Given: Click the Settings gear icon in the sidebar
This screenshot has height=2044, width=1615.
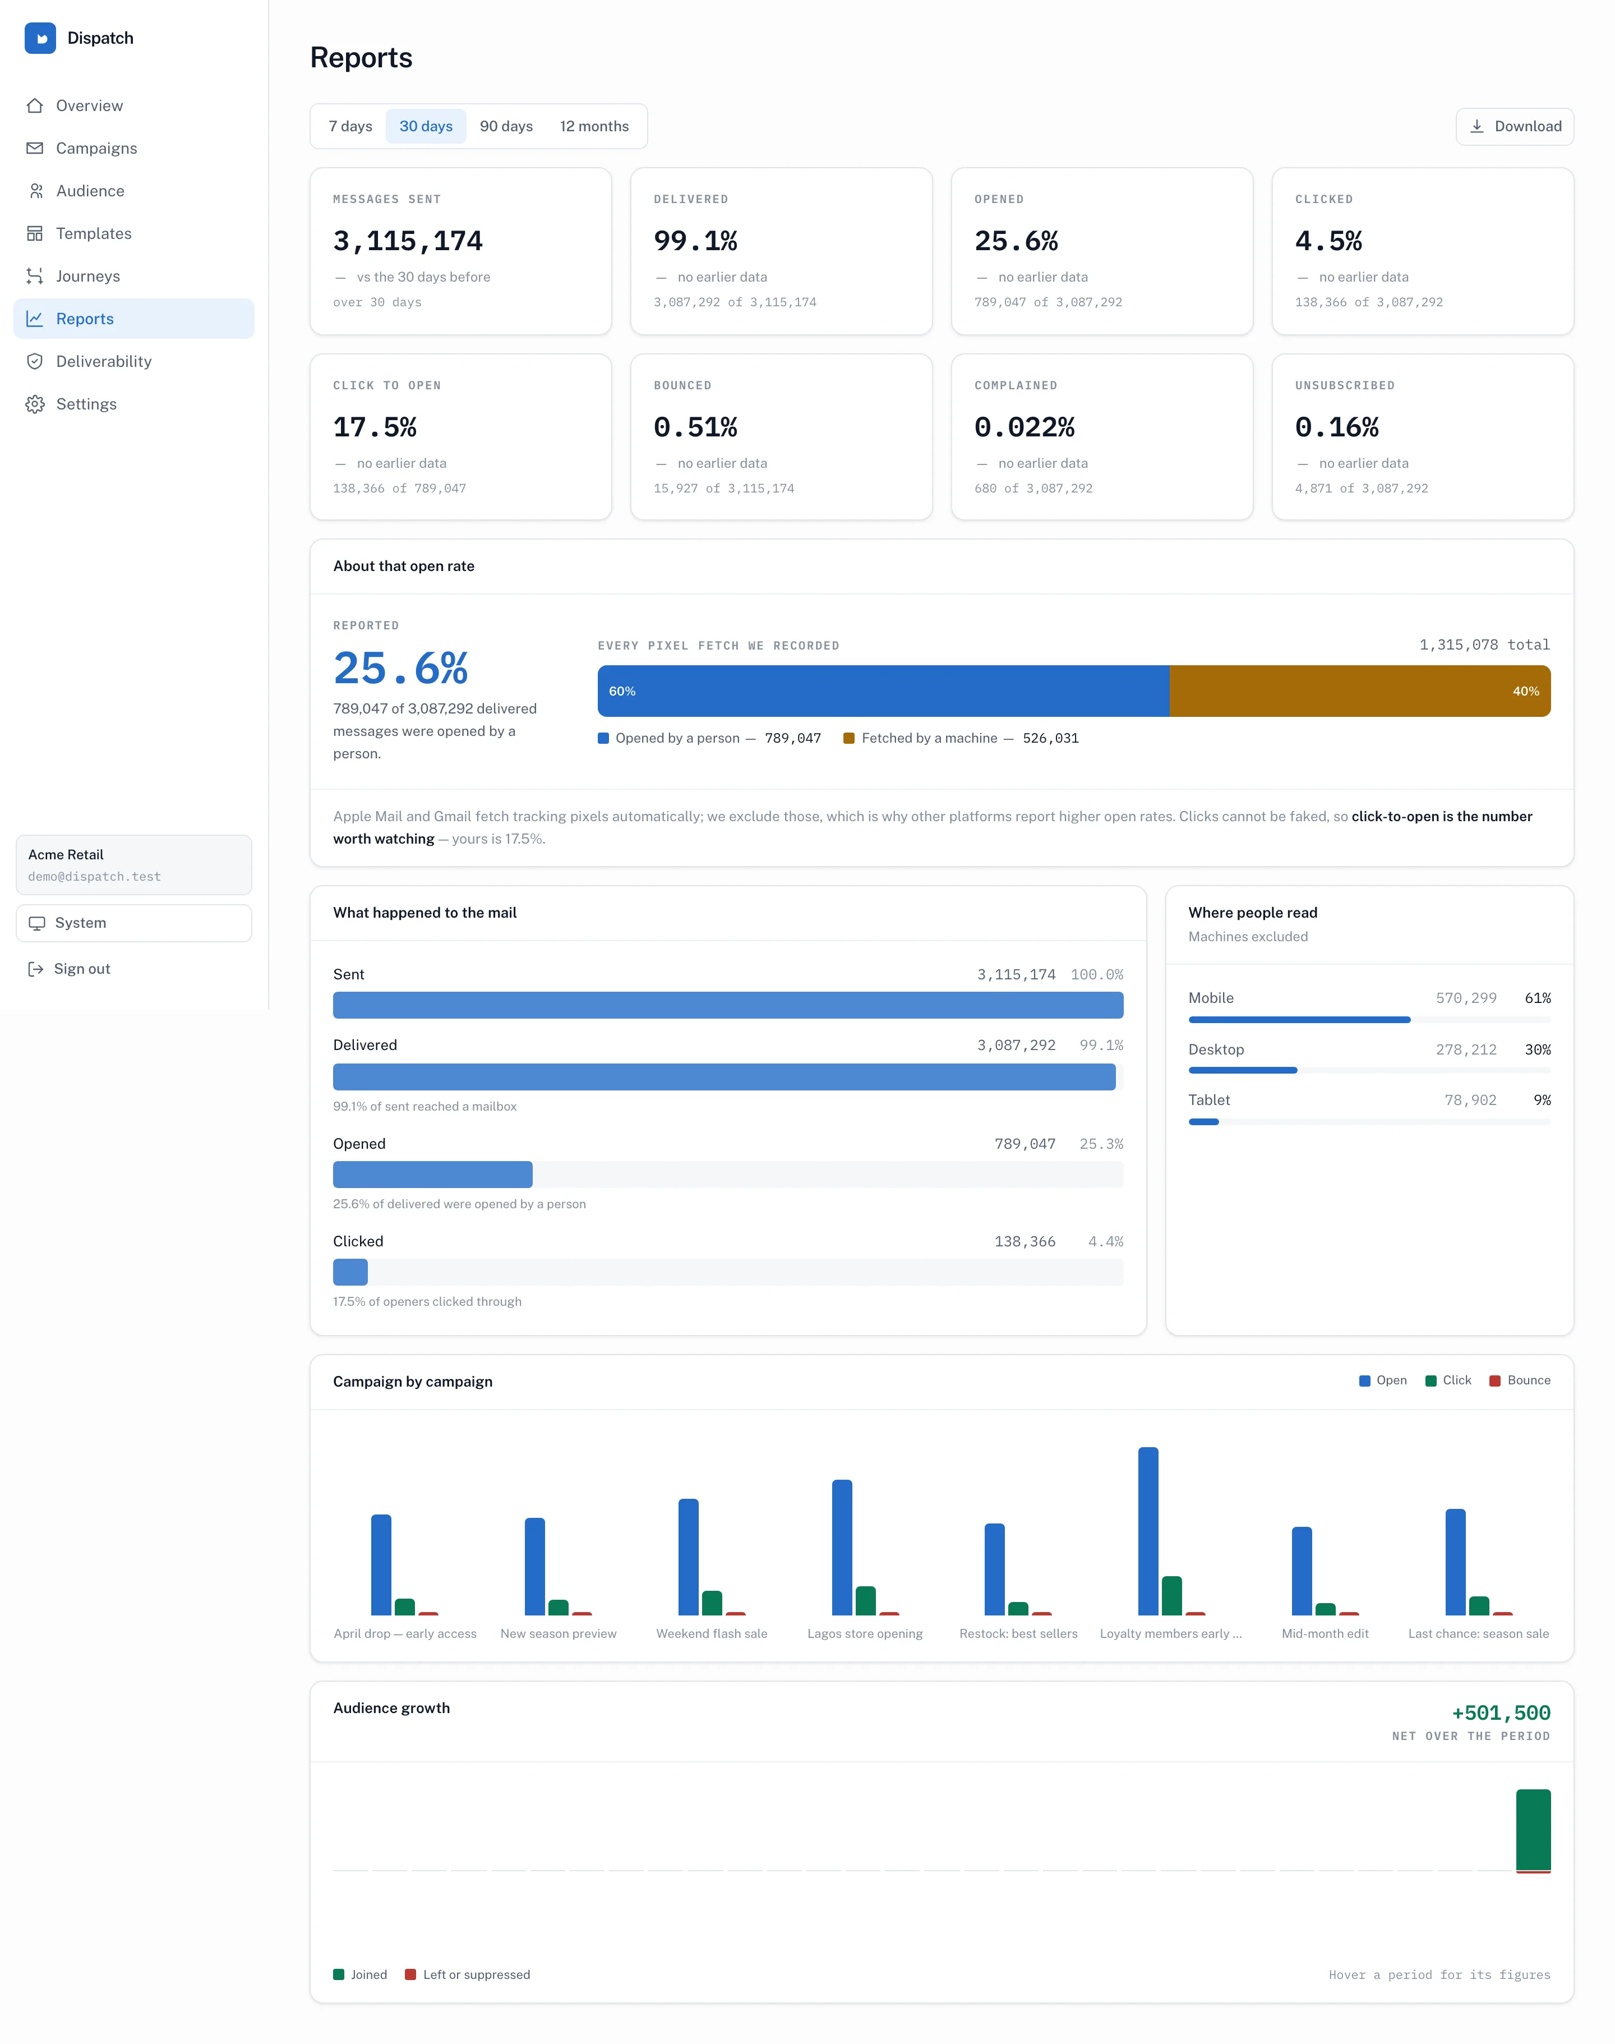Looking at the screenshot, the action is coord(35,404).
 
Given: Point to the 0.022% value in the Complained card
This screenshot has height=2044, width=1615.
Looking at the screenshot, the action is coord(1024,427).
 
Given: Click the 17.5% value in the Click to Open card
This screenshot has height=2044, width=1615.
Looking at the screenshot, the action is coord(375,427).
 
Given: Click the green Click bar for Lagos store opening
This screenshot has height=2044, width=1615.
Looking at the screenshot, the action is coord(865,1600).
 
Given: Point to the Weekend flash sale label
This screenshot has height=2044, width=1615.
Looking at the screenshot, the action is coord(712,1633).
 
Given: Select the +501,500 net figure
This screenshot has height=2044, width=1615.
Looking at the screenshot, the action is coord(1501,1713).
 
